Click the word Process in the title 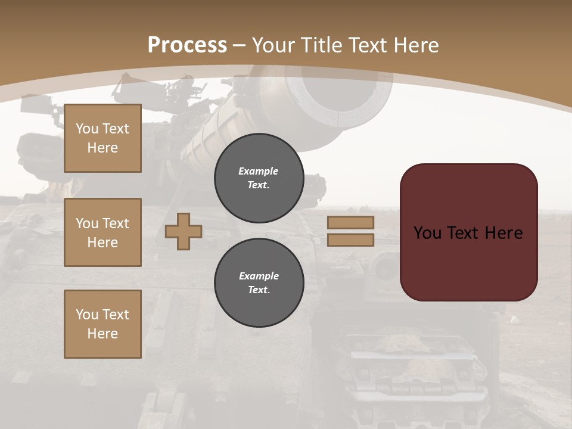(187, 45)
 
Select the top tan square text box (102, 138)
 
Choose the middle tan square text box (102, 232)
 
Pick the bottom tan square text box (102, 324)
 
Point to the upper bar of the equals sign (350, 222)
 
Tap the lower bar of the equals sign (350, 240)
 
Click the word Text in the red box (465, 233)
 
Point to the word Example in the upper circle (259, 171)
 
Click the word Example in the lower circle (259, 276)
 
